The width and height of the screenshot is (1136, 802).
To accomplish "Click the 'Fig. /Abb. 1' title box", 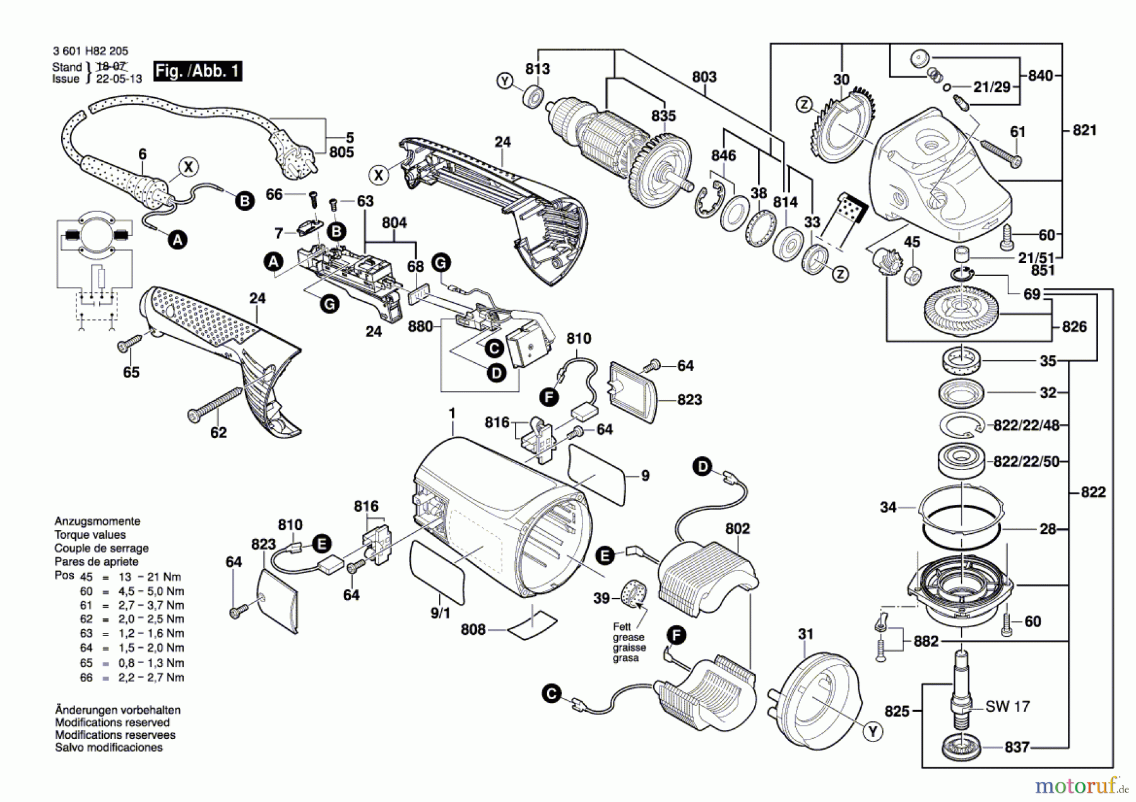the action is [198, 71].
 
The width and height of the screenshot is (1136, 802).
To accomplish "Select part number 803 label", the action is [704, 77].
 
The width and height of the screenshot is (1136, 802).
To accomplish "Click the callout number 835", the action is [663, 115].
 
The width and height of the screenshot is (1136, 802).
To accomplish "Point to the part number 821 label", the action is [1084, 130].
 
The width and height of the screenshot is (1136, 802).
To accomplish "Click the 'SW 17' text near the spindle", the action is [1007, 706].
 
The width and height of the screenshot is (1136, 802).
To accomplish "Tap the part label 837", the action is [1017, 747].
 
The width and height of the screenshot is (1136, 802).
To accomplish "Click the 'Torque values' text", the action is [90, 534].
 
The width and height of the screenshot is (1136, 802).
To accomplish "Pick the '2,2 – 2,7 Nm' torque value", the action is [151, 678].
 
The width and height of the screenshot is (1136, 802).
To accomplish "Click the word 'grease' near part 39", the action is [629, 637].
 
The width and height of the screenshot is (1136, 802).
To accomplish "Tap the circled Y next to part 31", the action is [873, 732].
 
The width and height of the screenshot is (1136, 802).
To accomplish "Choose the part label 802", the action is [737, 529].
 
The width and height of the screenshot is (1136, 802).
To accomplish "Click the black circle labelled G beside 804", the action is [441, 262].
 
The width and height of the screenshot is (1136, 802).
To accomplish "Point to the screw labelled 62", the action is [215, 404].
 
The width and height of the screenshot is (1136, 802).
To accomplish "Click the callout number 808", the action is [473, 630].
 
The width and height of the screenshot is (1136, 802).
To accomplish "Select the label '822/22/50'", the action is [1026, 462].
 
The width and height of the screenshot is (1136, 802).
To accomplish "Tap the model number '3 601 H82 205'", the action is [91, 51].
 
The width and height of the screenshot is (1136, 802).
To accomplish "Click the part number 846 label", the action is [723, 155].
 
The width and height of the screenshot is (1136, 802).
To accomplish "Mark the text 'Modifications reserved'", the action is [112, 722].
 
